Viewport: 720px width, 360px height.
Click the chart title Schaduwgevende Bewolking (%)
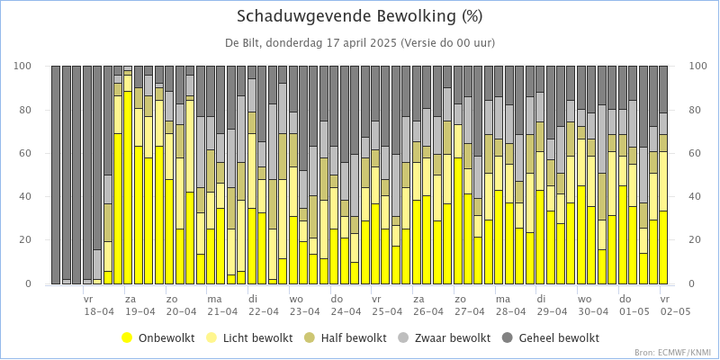point(360,16)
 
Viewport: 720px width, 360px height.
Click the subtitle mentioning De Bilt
point(360,42)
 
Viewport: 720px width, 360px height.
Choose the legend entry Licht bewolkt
point(260,338)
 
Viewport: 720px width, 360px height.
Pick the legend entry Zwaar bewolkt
point(452,338)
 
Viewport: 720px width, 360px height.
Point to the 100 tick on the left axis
point(24,67)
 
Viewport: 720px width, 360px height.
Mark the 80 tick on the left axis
point(27,111)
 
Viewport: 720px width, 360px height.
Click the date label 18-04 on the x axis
point(98,311)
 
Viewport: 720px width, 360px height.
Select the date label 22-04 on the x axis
point(263,311)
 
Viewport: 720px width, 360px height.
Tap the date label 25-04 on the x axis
point(387,311)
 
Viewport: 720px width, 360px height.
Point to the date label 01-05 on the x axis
point(634,311)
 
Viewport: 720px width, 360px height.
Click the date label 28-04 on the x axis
point(511,311)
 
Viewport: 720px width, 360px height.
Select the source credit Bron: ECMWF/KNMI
point(673,352)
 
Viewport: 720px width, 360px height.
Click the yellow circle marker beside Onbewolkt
point(127,338)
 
